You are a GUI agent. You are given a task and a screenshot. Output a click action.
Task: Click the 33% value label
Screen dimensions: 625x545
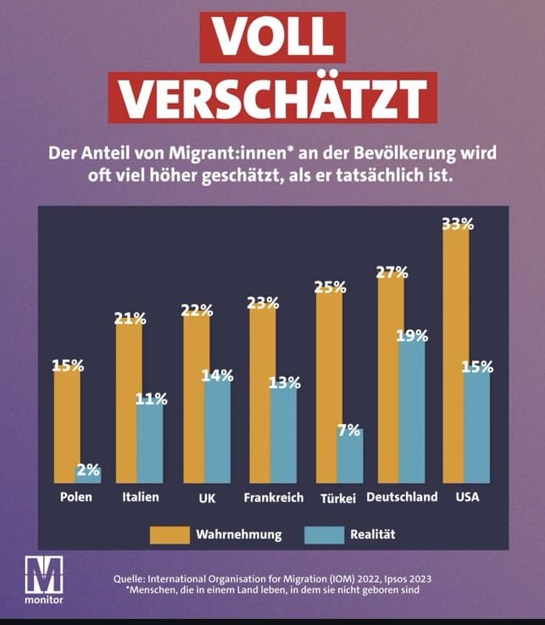(458, 224)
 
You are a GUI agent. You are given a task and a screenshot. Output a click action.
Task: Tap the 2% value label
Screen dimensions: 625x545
(88, 469)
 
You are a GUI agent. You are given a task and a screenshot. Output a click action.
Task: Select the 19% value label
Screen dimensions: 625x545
(412, 335)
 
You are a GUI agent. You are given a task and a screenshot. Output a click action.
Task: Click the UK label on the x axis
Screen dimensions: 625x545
(207, 498)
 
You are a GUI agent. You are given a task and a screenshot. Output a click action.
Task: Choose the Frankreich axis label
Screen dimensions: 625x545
(273, 498)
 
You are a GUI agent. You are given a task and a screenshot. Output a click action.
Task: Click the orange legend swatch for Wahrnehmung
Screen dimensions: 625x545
(169, 535)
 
